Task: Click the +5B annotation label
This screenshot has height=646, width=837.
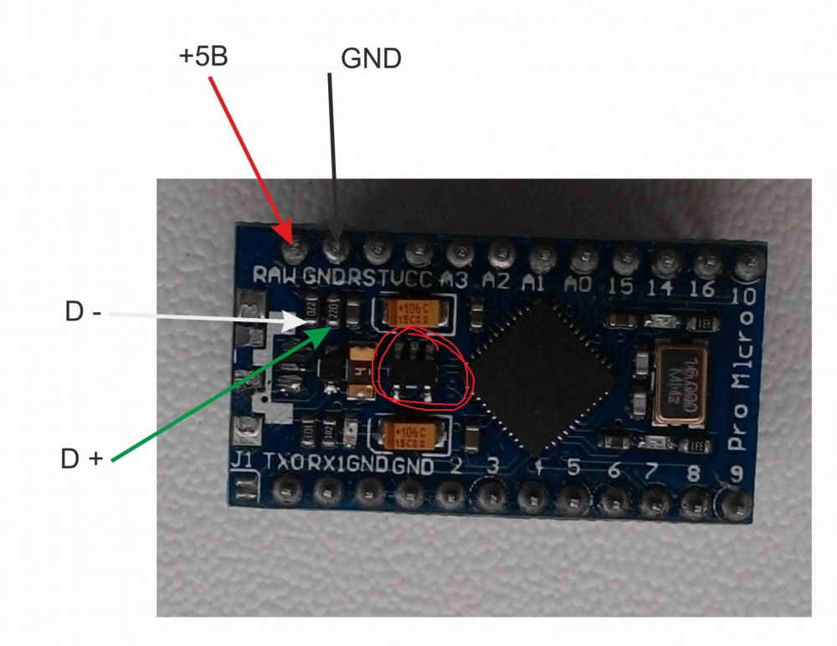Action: coord(203,58)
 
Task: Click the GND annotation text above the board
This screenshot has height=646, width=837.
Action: coord(372,59)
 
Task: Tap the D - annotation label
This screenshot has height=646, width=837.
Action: coord(83,313)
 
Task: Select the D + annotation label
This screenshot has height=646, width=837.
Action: coord(81,459)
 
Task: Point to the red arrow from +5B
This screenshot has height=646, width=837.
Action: coord(250,155)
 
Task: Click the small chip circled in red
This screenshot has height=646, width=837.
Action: coord(413,368)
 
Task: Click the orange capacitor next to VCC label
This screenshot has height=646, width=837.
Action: coord(414,312)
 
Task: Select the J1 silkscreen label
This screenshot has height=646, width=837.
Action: coord(242,461)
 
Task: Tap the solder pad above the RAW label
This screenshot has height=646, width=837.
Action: coord(295,248)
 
